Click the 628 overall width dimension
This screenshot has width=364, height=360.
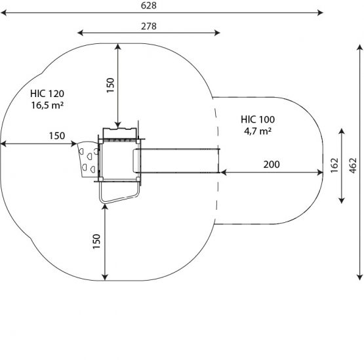click(149, 5)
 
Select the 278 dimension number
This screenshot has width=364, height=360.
click(149, 26)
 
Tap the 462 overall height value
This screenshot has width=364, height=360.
click(353, 165)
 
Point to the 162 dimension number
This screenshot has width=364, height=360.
click(334, 165)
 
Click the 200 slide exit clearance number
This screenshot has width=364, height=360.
click(272, 165)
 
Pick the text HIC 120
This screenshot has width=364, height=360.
click(47, 94)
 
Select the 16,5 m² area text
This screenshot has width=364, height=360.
click(47, 106)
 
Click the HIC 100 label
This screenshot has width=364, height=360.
click(258, 119)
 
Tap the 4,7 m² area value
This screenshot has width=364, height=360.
click(258, 131)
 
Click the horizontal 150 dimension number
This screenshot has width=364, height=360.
click(57, 136)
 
